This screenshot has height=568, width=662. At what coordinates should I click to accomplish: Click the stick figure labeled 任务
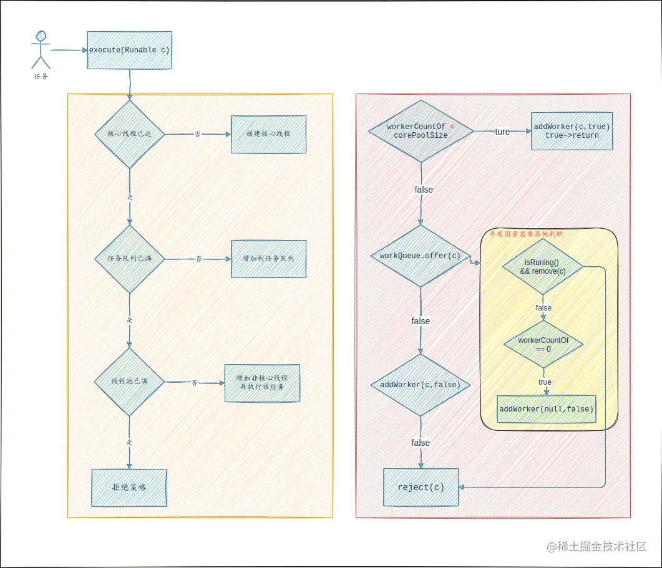(x=41, y=50)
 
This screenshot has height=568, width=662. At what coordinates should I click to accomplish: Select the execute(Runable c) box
(x=129, y=50)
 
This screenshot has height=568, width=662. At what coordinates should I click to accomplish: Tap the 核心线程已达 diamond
(x=129, y=133)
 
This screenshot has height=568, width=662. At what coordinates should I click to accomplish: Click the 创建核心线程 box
(x=268, y=134)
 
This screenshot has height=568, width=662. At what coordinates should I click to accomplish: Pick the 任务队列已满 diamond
(x=129, y=258)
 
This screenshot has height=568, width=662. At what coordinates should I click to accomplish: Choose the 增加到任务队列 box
(x=268, y=258)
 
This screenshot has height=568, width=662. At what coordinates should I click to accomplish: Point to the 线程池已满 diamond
(x=129, y=382)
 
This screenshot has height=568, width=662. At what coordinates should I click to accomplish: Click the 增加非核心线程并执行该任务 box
(x=262, y=383)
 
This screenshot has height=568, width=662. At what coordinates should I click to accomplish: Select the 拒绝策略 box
(x=129, y=488)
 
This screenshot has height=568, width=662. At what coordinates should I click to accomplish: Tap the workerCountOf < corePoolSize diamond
(x=421, y=131)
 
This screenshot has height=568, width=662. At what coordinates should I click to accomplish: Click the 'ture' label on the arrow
(x=502, y=132)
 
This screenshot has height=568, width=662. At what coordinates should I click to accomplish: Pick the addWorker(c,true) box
(x=572, y=131)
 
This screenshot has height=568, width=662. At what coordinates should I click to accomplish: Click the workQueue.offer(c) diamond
(x=421, y=256)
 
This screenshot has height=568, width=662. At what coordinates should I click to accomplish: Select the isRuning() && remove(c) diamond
(x=543, y=267)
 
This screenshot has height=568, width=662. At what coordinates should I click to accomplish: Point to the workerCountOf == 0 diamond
(x=543, y=344)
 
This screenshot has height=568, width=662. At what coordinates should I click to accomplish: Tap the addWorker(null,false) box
(x=546, y=409)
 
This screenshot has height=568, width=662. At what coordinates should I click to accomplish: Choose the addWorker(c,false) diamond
(x=421, y=385)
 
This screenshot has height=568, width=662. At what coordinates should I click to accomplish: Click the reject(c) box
(x=421, y=487)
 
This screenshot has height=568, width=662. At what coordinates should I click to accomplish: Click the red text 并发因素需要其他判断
(x=526, y=234)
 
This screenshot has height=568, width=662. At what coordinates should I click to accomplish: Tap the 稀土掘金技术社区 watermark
(x=596, y=546)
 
